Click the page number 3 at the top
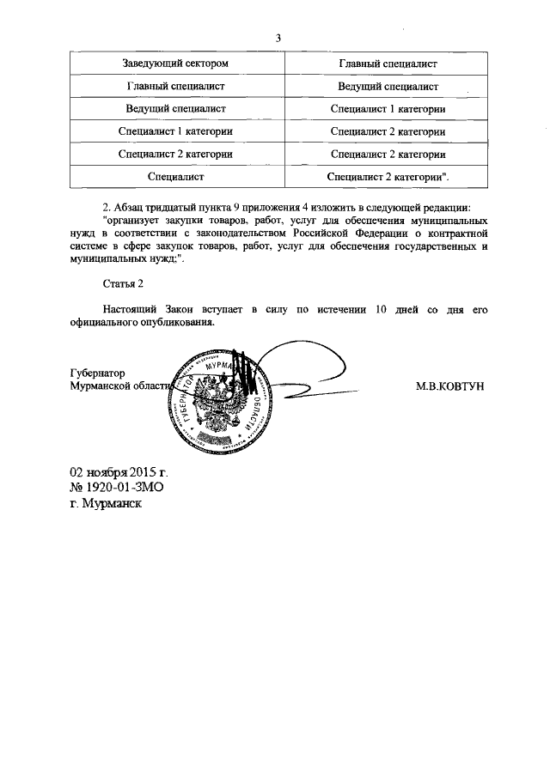coord(278,38)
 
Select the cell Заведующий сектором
coord(175,64)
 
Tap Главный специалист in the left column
coord(175,87)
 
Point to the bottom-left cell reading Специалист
coord(175,177)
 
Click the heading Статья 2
coord(119,282)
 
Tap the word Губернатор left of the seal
coord(97,373)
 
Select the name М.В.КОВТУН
coord(449,386)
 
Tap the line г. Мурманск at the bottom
coord(107,503)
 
